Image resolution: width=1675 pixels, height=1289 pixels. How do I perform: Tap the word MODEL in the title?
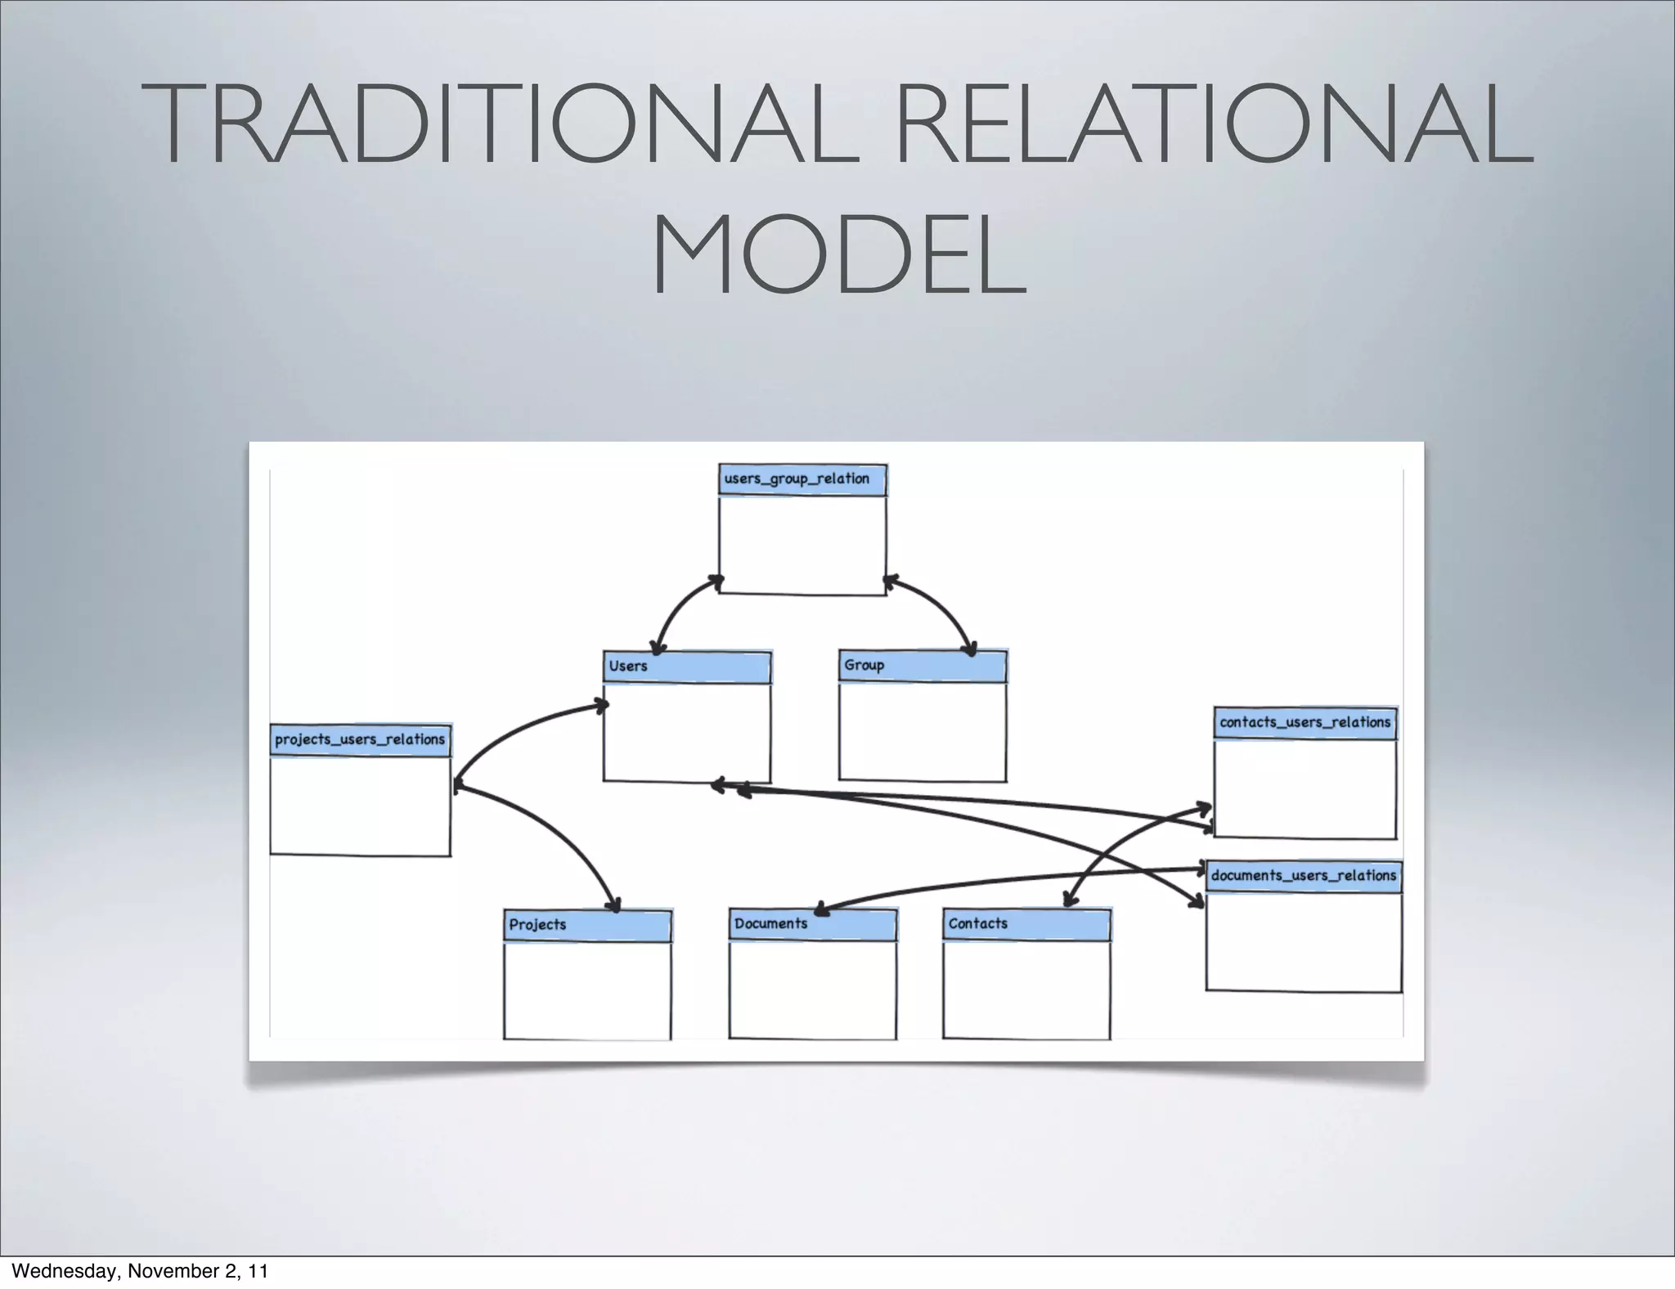pyautogui.click(x=837, y=255)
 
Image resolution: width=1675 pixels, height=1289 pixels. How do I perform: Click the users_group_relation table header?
pyautogui.click(x=802, y=480)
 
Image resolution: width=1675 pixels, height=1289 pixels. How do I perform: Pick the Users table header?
pyautogui.click(x=687, y=667)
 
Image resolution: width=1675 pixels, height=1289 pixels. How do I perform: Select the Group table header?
pyautogui.click(x=923, y=667)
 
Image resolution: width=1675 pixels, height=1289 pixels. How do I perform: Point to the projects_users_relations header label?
pyautogui.click(x=360, y=740)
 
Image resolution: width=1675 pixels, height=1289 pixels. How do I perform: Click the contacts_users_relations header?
pyautogui.click(x=1305, y=723)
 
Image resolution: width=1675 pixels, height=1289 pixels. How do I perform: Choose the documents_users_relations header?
pyautogui.click(x=1304, y=876)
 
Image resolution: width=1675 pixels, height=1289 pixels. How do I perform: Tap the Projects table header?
pyautogui.click(x=587, y=926)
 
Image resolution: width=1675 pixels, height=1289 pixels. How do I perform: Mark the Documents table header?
pyautogui.click(x=812, y=925)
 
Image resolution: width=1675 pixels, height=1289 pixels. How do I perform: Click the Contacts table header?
pyautogui.click(x=1026, y=925)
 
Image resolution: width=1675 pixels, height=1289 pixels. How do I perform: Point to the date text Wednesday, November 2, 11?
pyautogui.click(x=140, y=1271)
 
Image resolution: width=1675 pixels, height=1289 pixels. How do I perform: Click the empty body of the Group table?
pyautogui.click(x=923, y=731)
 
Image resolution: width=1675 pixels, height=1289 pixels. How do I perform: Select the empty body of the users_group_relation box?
pyautogui.click(x=802, y=544)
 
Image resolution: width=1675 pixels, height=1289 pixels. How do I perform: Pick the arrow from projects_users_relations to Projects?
pyautogui.click(x=556, y=834)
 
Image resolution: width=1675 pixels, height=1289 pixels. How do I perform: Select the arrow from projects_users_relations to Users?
pyautogui.click(x=515, y=732)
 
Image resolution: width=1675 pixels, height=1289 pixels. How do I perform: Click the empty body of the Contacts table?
pyautogui.click(x=1026, y=990)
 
